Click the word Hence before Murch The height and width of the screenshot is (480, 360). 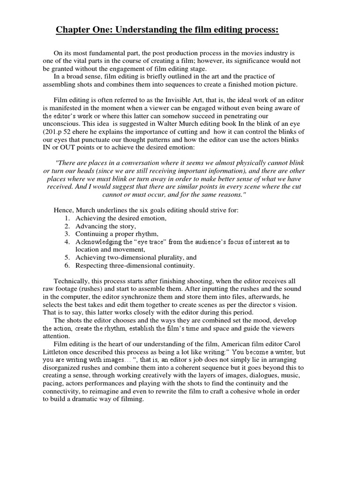63,210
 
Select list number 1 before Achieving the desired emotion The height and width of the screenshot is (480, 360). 67,218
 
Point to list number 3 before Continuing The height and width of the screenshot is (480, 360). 67,233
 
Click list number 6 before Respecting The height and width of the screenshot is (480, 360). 67,265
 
